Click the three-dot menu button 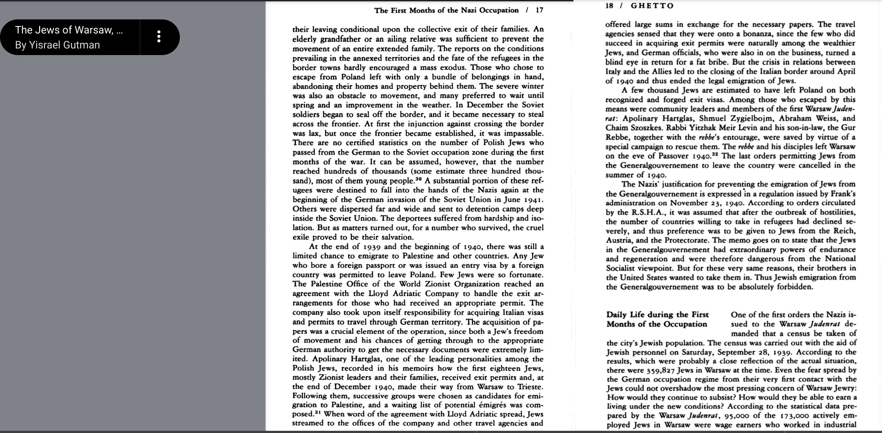click(159, 37)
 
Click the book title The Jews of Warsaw click(69, 30)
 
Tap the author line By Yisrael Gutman click(57, 45)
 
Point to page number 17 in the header click(540, 10)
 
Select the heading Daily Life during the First click(657, 315)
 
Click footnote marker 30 click(418, 179)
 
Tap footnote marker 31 click(319, 413)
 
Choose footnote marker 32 click(715, 154)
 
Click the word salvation click(395, 237)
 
